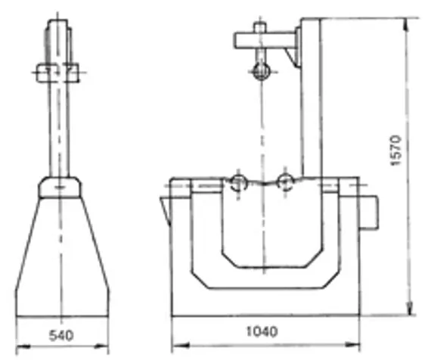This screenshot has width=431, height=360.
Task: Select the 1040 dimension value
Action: (x=262, y=332)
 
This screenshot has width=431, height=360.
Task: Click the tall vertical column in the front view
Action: (x=310, y=98)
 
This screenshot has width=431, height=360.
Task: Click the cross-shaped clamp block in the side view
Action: (x=57, y=73)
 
